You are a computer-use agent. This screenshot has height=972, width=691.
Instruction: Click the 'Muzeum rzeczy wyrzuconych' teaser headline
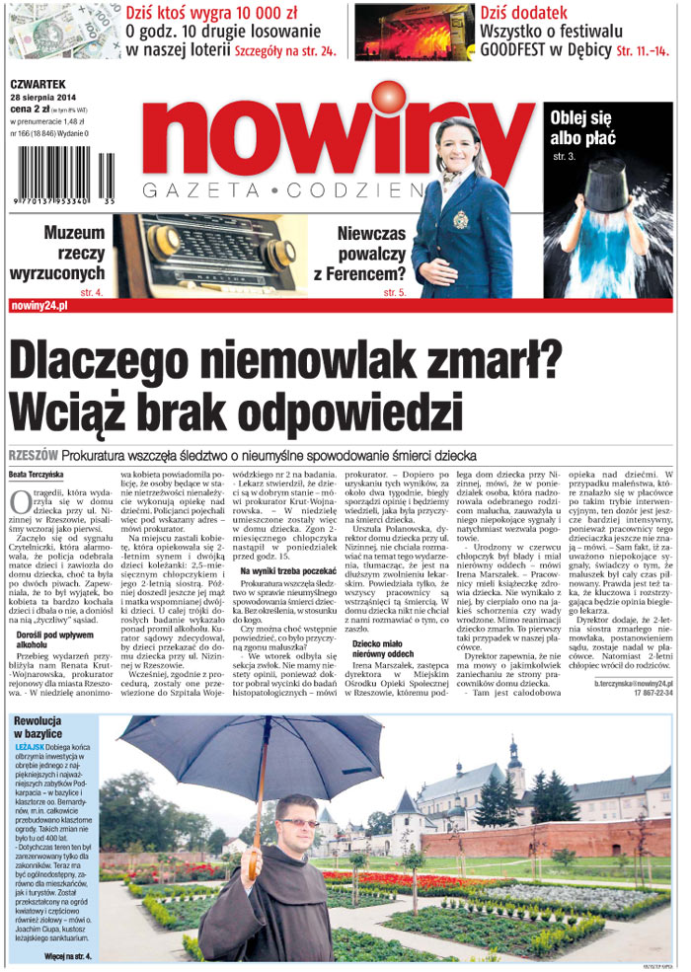click(x=58, y=253)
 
